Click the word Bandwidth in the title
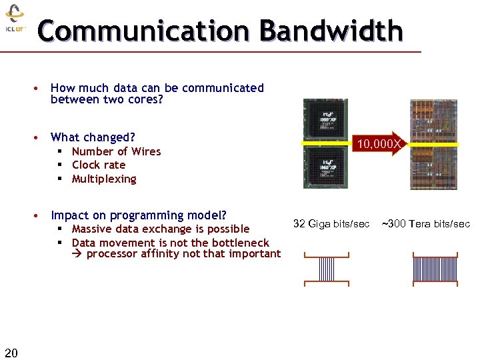tap(331, 31)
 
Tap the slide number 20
tap(11, 351)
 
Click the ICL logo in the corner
tap(15, 20)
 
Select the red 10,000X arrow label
tap(378, 143)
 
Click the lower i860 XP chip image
tap(325, 167)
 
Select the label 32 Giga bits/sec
tap(331, 223)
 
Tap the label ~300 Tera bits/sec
tap(425, 223)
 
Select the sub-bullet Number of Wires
tap(116, 151)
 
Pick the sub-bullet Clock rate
tap(98, 165)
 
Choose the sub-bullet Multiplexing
tap(103, 179)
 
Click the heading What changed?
tap(93, 137)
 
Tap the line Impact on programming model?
tap(138, 215)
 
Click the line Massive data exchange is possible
tap(160, 229)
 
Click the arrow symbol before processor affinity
tap(77, 254)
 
